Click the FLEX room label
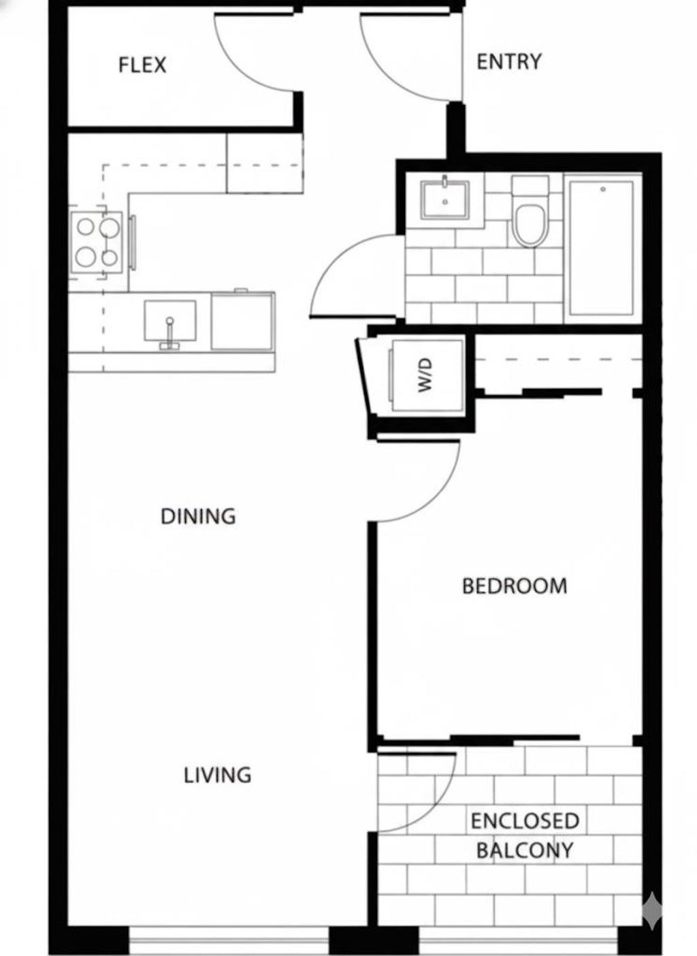(142, 65)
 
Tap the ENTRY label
(508, 62)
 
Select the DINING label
(198, 516)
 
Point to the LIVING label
(217, 775)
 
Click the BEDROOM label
(514, 586)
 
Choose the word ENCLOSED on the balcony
(525, 820)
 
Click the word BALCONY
(524, 850)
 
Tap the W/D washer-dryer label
(426, 375)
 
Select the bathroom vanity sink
(444, 199)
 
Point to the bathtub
(602, 247)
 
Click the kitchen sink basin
(170, 322)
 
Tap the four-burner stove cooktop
(97, 242)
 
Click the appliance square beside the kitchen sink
(243, 321)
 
